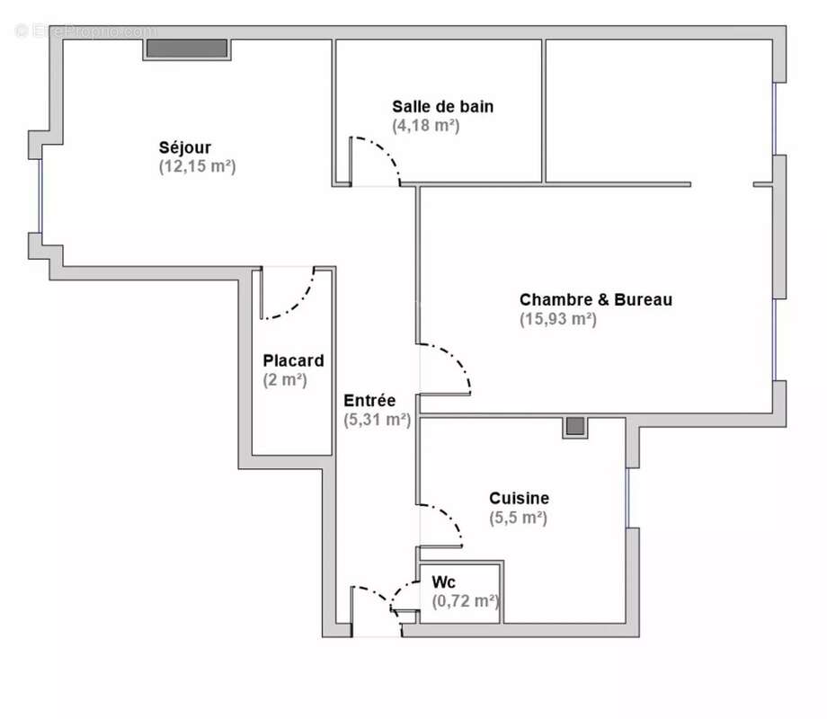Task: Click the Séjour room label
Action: coord(185,147)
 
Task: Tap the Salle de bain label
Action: coord(442,106)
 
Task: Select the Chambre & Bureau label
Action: coord(595,299)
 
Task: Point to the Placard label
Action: coord(293,360)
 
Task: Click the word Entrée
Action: coord(369,400)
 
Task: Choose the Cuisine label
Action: coord(519,498)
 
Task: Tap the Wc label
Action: coord(444,581)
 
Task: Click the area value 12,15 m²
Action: coord(197,166)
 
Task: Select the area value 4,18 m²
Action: coord(426,126)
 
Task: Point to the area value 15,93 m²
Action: coord(557,318)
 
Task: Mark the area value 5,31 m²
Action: coord(378,419)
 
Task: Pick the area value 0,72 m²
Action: coord(465,601)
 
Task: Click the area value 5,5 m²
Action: coord(519,518)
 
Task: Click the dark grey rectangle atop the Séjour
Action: coord(186,49)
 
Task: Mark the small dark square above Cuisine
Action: coord(575,426)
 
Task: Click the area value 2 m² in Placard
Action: coord(285,379)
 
